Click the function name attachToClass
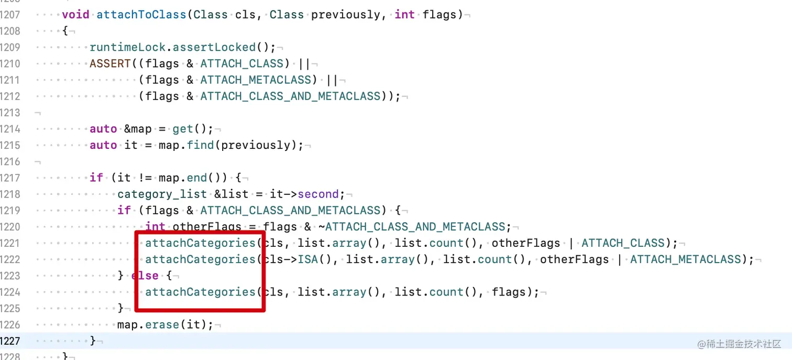(x=141, y=15)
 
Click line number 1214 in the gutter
(x=10, y=129)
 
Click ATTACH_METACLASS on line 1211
(x=259, y=80)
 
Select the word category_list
(x=162, y=194)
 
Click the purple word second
(x=318, y=194)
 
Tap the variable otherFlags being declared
(x=207, y=227)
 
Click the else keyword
(x=145, y=276)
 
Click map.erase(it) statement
(x=165, y=324)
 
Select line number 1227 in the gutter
(x=10, y=341)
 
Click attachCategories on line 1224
(x=200, y=292)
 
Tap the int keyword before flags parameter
(x=404, y=15)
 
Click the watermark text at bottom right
(x=739, y=344)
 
